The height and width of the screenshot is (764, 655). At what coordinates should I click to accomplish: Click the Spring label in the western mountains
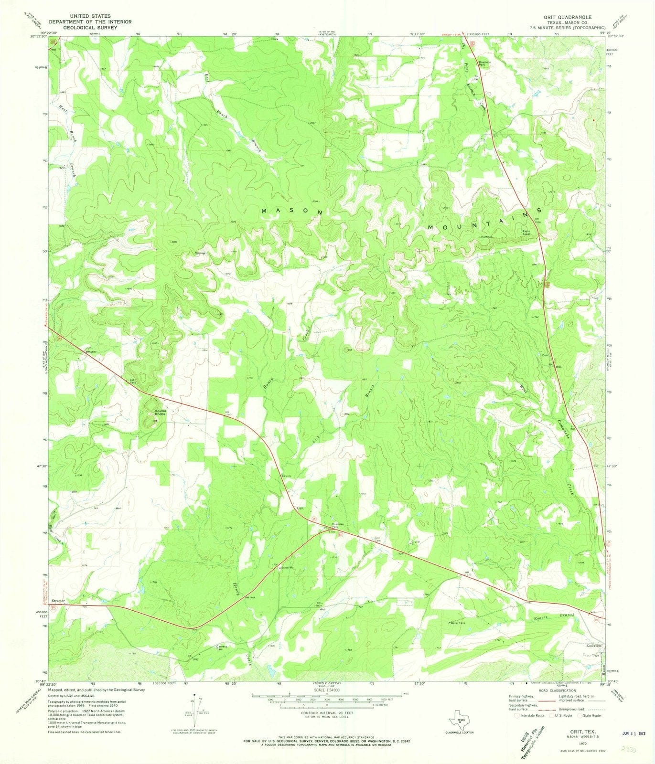pyautogui.click(x=199, y=253)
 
